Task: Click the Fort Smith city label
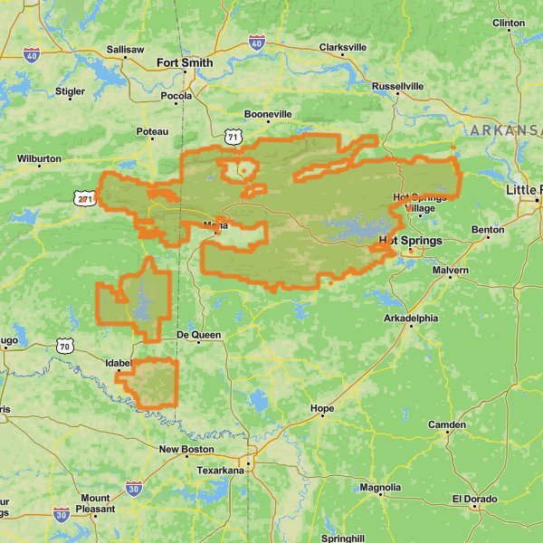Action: [185, 63]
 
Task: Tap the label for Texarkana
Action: [221, 471]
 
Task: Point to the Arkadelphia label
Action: [411, 319]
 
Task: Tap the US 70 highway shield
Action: [63, 346]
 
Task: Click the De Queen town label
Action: [198, 334]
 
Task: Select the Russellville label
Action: [397, 86]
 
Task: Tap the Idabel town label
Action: [119, 363]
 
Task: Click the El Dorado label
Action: [474, 499]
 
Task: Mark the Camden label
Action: [447, 424]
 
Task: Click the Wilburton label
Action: [39, 158]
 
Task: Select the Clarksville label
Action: [343, 47]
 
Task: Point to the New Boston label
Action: [186, 449]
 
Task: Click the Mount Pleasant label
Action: [94, 503]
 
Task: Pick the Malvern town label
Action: [450, 271]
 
